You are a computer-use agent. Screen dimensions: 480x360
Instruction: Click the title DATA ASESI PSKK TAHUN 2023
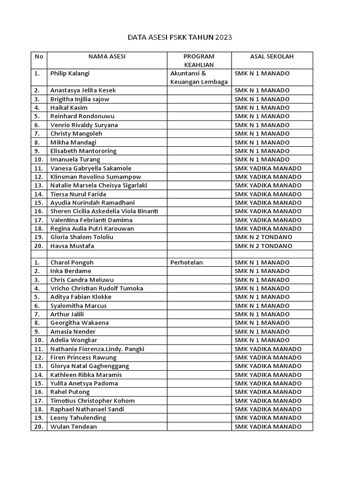click(x=180, y=37)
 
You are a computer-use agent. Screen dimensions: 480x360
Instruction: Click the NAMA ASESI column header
click(x=107, y=56)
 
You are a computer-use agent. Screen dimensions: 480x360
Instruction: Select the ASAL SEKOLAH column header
click(x=272, y=56)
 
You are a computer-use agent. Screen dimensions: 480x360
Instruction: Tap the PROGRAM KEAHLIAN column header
click(x=199, y=60)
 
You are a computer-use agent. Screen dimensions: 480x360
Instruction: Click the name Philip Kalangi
click(x=70, y=73)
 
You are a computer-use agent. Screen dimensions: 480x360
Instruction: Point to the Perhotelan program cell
click(x=187, y=262)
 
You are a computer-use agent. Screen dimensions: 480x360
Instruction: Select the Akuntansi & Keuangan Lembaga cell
click(x=199, y=77)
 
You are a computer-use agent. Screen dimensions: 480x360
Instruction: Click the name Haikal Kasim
click(x=69, y=107)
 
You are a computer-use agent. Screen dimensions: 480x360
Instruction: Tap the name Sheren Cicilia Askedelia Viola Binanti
click(x=104, y=211)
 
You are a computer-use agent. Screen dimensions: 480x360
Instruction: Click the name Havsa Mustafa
click(x=72, y=246)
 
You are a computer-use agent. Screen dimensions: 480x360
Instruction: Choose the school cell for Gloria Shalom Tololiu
click(x=263, y=237)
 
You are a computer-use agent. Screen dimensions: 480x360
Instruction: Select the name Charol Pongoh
click(x=72, y=262)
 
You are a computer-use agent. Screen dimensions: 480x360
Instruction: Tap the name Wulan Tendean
click(x=74, y=427)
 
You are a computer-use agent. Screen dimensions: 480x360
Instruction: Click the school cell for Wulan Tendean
click(x=268, y=427)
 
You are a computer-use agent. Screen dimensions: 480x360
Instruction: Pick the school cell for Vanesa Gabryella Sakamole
click(x=268, y=168)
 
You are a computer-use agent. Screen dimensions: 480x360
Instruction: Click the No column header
click(x=39, y=56)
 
